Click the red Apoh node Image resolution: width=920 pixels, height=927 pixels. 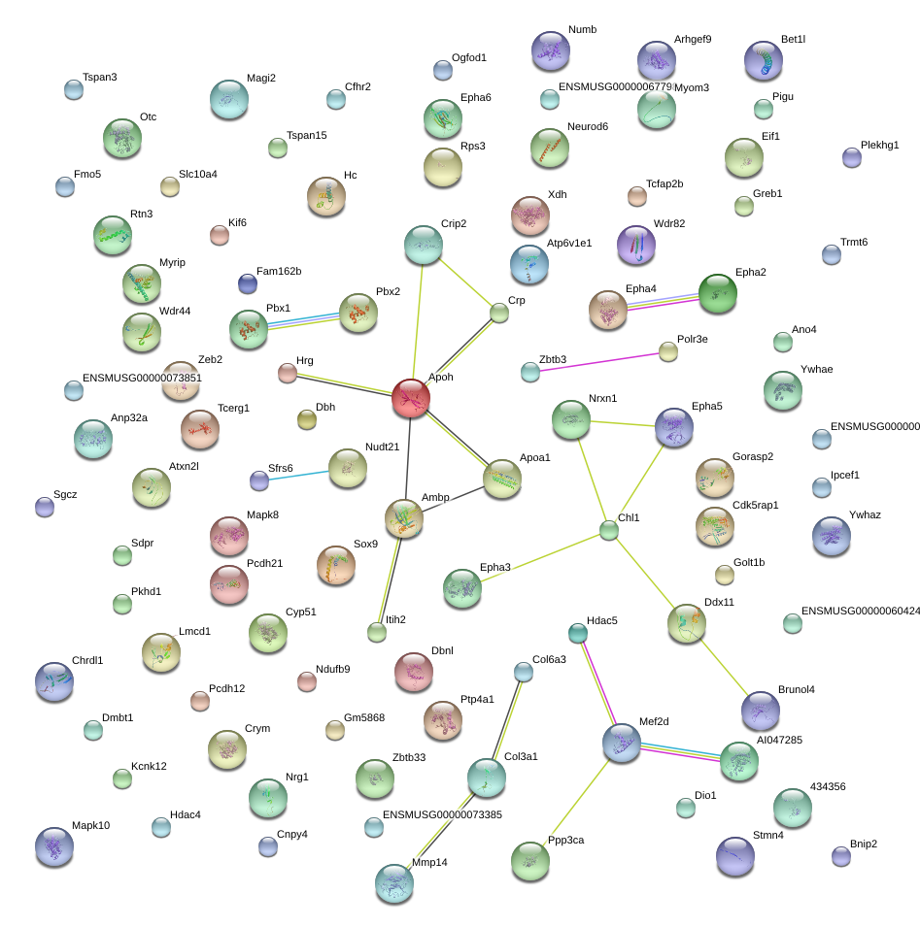pos(411,398)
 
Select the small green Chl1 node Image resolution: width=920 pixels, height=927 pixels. pos(609,530)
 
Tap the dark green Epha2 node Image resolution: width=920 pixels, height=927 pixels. pos(718,293)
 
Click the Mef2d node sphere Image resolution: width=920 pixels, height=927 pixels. pos(621,743)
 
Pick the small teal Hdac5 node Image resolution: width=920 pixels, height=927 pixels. pos(577,633)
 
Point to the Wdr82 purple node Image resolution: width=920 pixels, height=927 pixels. pos(636,245)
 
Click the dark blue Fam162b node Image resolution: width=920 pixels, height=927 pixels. pos(248,283)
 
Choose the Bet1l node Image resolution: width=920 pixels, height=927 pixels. pos(764,60)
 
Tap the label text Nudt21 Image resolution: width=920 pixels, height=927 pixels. pos(382,447)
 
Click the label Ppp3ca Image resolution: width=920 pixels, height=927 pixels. pos(565,840)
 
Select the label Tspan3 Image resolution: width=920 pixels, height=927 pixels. pos(99,78)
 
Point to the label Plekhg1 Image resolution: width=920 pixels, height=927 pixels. pos(879,146)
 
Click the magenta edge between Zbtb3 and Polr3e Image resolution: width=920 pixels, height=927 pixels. pos(599,362)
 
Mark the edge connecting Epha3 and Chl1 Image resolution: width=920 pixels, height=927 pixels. pos(540,557)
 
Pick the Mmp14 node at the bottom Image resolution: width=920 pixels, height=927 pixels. pos(394,884)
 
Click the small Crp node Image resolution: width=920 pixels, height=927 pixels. pos(499,314)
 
